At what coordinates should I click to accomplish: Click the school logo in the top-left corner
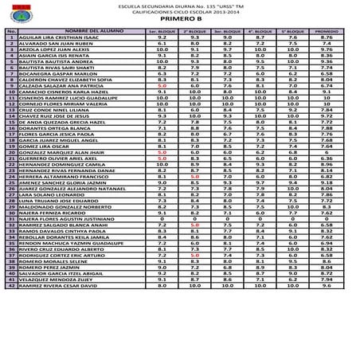[x=15, y=13]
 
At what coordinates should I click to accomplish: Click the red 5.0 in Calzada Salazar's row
[x=161, y=87]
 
